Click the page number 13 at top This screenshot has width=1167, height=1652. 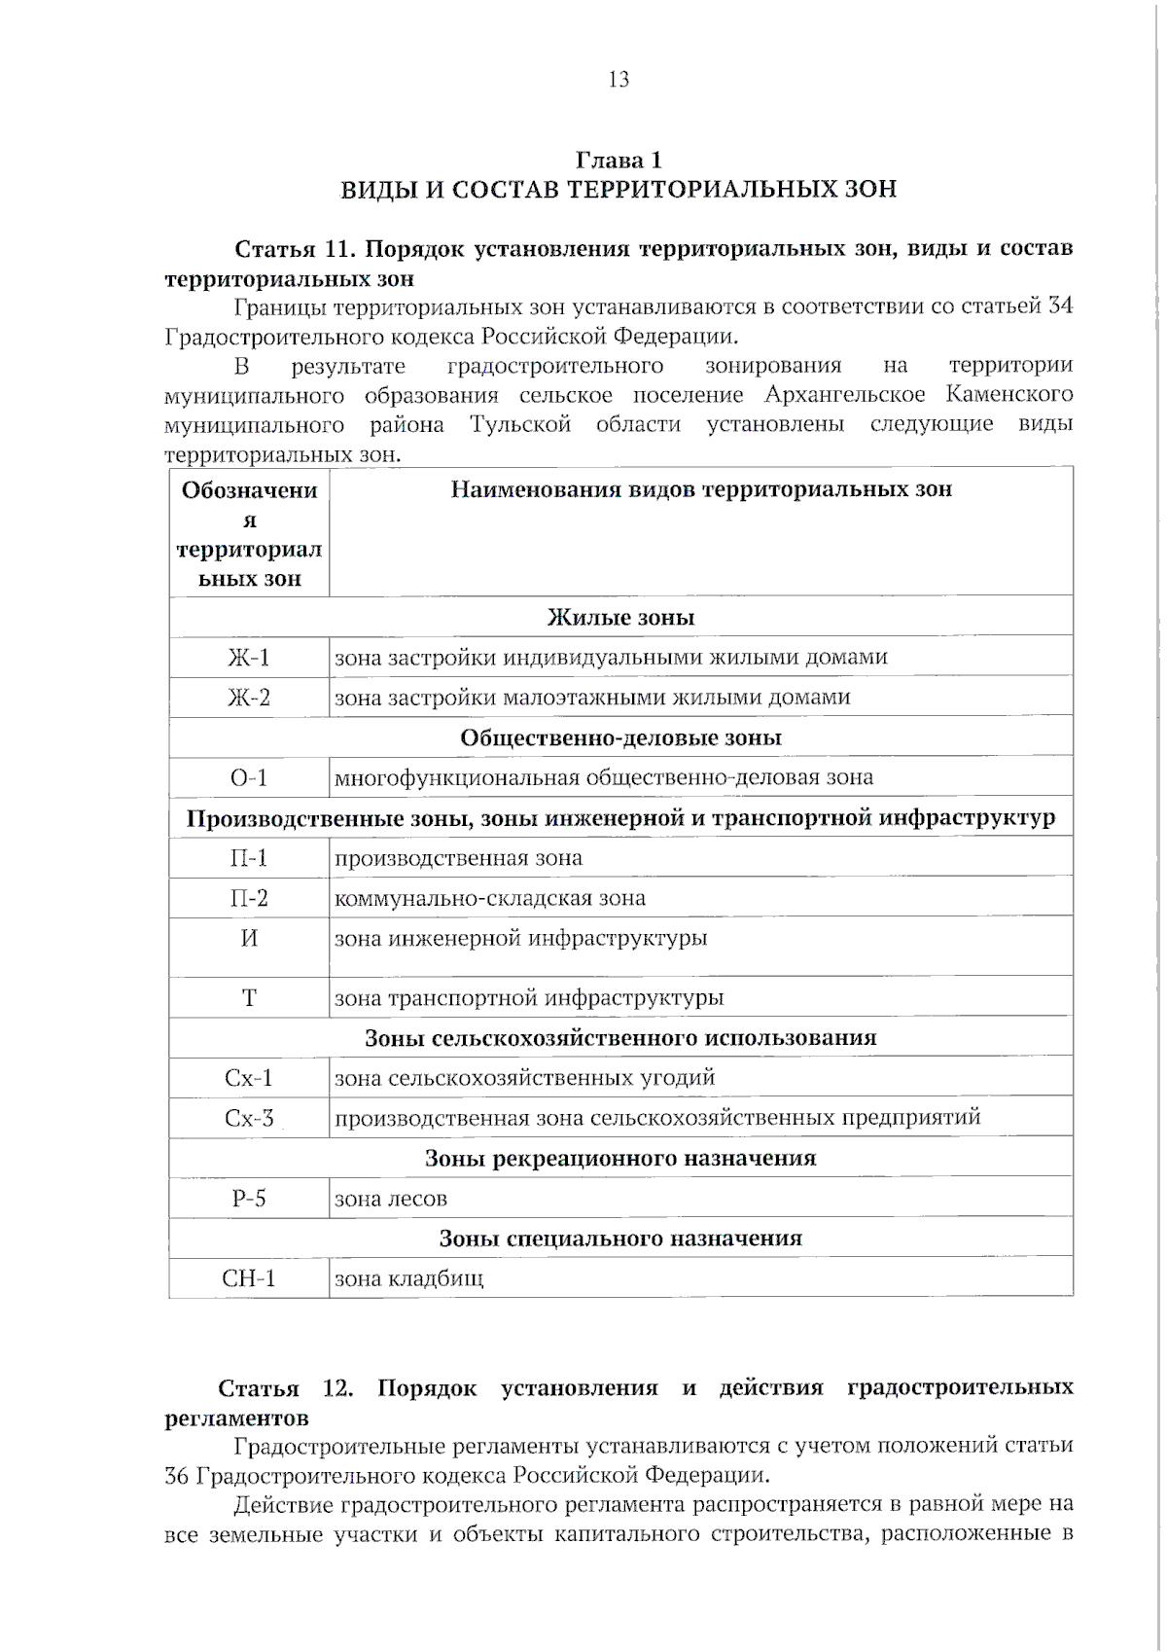tap(619, 80)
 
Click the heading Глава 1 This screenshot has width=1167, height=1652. tap(619, 160)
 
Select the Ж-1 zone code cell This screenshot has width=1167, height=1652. tap(249, 658)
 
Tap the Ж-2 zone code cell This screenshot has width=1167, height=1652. tap(249, 698)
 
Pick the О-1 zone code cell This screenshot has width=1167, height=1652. tap(249, 777)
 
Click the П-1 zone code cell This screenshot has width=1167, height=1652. tap(249, 858)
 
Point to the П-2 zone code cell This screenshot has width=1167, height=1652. tap(249, 898)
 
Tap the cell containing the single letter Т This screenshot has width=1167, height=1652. tap(249, 998)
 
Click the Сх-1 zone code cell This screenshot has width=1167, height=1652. tap(249, 1078)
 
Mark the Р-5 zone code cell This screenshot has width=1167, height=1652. tap(249, 1199)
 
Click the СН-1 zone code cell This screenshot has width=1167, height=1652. tap(249, 1278)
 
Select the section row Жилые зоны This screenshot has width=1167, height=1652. tap(620, 618)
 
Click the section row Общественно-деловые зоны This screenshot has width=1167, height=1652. tap(620, 737)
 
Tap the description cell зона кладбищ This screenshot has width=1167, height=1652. tap(409, 1278)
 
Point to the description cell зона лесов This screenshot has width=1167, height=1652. tap(391, 1199)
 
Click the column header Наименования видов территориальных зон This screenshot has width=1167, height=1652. tap(700, 489)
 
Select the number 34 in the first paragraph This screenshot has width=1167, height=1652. tap(1060, 306)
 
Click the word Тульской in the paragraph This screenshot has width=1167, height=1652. tap(520, 425)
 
